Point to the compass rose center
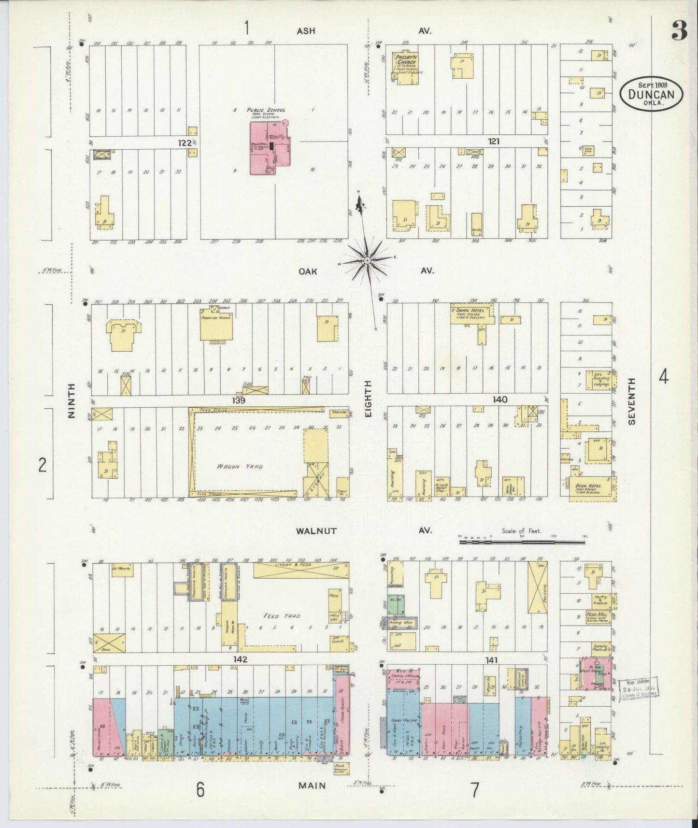click(367, 260)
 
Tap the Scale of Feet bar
click(522, 542)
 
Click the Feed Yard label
click(288, 616)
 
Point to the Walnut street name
click(317, 530)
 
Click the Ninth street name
click(71, 400)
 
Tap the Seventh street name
click(632, 401)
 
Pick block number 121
click(493, 142)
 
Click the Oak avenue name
click(308, 271)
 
